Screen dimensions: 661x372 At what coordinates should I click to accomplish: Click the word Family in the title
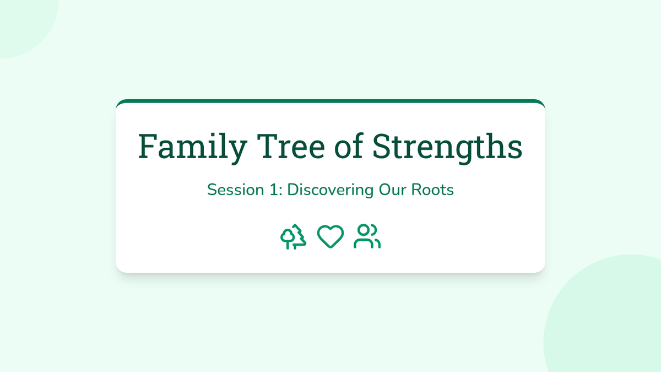[192, 147]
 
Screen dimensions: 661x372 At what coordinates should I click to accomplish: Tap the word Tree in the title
[291, 146]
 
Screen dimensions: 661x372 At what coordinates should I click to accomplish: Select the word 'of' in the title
[349, 146]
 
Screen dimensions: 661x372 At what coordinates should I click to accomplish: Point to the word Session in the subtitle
[236, 190]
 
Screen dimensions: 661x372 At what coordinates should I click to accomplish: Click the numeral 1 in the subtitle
[274, 190]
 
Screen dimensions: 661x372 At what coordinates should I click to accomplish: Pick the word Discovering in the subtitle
[330, 190]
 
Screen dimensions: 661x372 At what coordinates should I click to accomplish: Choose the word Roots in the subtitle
[432, 190]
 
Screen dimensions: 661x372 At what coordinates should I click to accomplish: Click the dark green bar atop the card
[330, 101]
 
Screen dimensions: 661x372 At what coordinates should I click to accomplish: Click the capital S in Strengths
[381, 146]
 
